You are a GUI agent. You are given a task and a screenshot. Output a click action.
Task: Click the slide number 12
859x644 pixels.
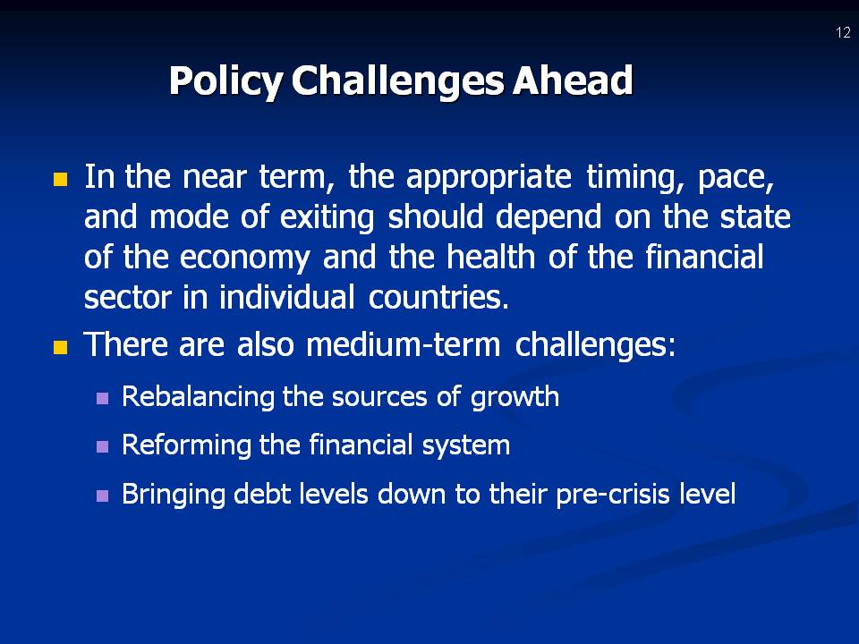point(843,33)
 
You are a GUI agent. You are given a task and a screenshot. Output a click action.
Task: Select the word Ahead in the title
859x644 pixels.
point(573,81)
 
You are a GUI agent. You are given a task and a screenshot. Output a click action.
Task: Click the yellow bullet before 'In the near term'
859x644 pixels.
point(61,178)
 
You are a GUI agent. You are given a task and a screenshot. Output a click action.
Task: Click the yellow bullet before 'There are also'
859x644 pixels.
point(61,347)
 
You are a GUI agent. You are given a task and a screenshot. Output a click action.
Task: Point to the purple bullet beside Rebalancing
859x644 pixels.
point(102,397)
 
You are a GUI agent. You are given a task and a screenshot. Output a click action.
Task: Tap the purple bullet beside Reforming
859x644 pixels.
point(102,445)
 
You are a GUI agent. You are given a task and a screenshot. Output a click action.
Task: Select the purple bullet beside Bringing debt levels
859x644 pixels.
point(102,494)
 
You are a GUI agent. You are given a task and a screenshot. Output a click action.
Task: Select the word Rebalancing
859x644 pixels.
point(199,396)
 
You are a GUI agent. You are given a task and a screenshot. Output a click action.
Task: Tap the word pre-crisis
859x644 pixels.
point(598,494)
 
